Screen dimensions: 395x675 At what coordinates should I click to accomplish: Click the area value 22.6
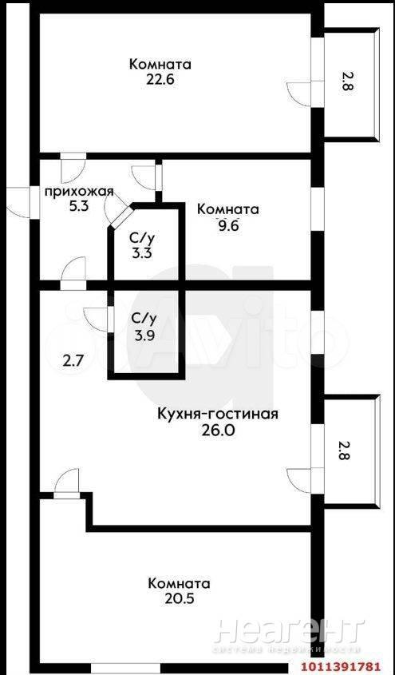click(x=160, y=81)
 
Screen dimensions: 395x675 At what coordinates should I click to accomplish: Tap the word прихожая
click(x=79, y=191)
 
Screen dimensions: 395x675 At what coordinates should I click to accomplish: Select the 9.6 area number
click(x=227, y=225)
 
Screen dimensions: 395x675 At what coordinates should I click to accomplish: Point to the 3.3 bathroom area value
click(x=141, y=252)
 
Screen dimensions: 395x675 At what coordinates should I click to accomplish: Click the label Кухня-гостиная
click(x=218, y=414)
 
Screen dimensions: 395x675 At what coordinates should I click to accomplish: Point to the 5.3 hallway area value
click(x=79, y=206)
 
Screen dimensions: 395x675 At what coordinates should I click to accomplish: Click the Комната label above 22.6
click(x=160, y=65)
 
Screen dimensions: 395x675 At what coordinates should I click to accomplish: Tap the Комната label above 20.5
click(x=179, y=584)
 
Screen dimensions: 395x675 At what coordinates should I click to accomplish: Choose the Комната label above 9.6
click(x=227, y=209)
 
